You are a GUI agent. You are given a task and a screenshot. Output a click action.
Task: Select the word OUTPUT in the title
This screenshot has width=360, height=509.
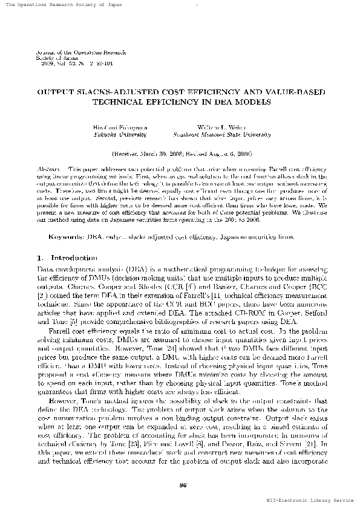click(x=56, y=92)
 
